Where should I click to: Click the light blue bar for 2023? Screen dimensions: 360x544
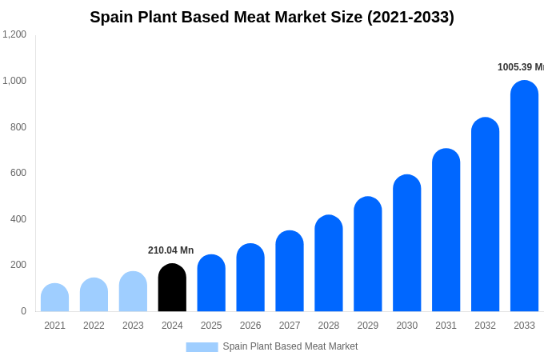click(133, 292)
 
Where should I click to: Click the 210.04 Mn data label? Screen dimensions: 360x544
click(170, 250)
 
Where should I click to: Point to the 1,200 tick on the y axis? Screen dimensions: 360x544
click(14, 34)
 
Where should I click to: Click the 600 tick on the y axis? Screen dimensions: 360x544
click(18, 173)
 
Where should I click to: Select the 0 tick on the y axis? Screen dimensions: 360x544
click(23, 311)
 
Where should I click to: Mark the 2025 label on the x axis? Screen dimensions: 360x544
click(211, 326)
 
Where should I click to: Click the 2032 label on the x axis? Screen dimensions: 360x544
click(485, 326)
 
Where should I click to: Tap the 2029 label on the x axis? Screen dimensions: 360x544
click(368, 326)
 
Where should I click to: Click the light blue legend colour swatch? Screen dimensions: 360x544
click(202, 347)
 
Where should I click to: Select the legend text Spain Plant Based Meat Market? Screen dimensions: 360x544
click(290, 346)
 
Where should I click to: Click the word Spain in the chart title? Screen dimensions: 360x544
click(111, 17)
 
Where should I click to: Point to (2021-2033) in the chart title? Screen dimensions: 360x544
click(410, 17)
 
